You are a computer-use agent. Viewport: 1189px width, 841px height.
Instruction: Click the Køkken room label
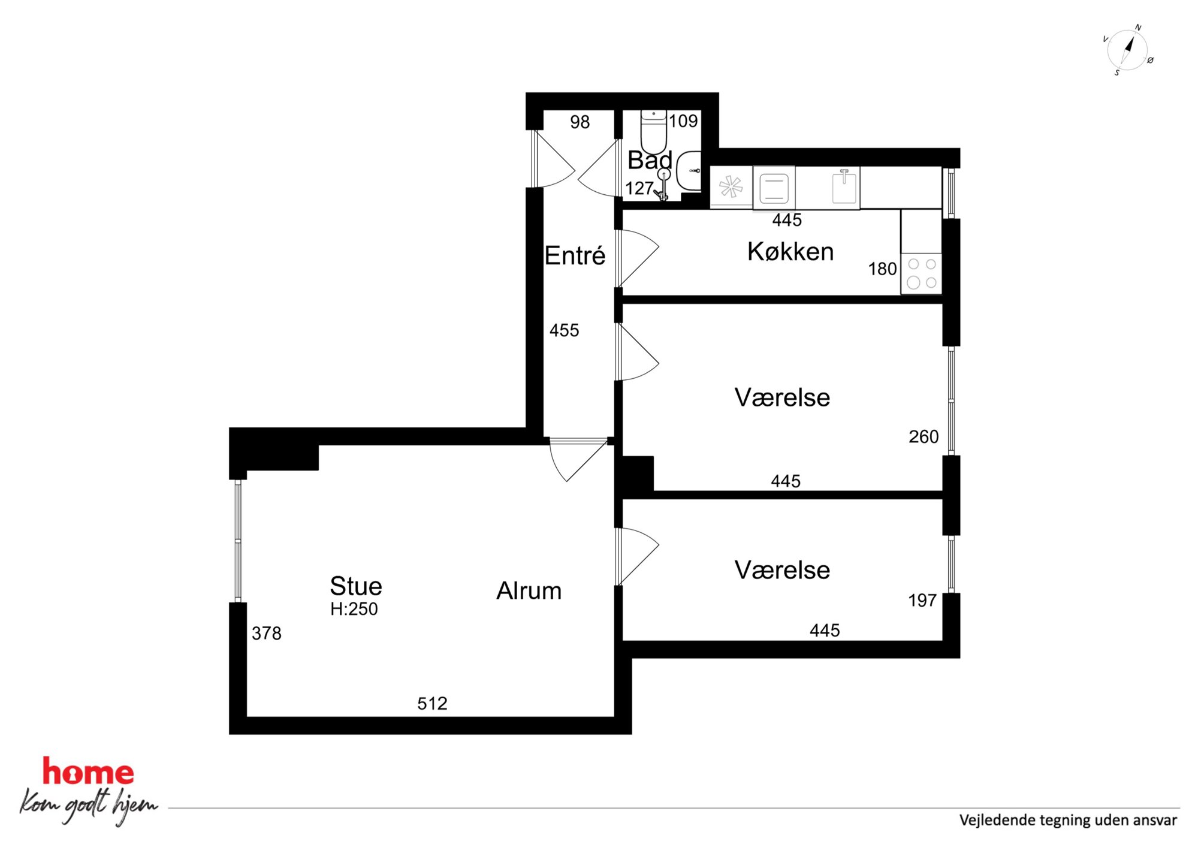click(x=790, y=252)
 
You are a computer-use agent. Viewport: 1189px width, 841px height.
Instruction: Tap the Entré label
click(x=575, y=256)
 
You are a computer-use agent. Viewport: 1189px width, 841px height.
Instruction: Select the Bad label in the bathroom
click(x=650, y=160)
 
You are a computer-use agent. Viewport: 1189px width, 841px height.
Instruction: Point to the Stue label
click(x=356, y=586)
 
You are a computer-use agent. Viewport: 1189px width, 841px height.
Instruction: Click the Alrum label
click(x=529, y=591)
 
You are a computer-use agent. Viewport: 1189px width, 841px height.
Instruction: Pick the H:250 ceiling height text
click(x=354, y=609)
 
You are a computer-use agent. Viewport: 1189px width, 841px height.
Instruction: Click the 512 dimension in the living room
click(x=432, y=703)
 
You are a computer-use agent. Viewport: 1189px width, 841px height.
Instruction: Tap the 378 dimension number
click(x=267, y=633)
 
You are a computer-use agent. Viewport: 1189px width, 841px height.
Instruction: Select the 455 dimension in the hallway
click(x=565, y=330)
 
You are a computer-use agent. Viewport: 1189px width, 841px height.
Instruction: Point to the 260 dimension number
click(x=924, y=436)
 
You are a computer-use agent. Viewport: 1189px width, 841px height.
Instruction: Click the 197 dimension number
click(x=922, y=600)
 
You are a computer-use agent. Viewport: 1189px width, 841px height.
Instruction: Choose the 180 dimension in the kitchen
click(x=883, y=269)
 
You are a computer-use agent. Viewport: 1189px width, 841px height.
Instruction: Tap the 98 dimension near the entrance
click(x=580, y=122)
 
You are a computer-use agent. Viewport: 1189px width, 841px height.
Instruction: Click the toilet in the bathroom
click(x=653, y=131)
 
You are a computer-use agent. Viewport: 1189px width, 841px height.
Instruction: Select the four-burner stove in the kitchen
click(x=922, y=273)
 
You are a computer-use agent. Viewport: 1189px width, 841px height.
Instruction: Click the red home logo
click(x=88, y=772)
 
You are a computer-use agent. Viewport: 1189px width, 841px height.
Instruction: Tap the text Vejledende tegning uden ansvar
click(x=1068, y=820)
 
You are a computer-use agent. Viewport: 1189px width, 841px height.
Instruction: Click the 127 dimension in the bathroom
click(x=639, y=188)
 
